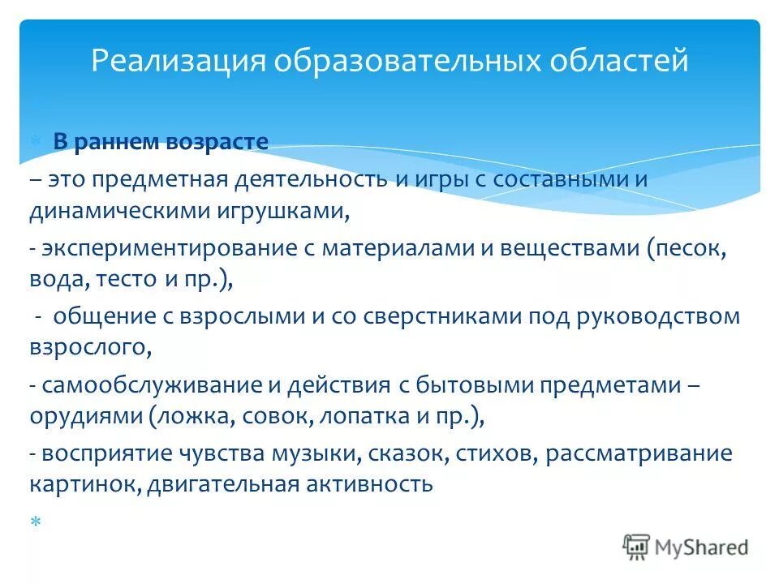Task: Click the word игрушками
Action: tap(290, 213)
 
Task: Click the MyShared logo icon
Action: tap(637, 547)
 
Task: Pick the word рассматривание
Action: tap(639, 453)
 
